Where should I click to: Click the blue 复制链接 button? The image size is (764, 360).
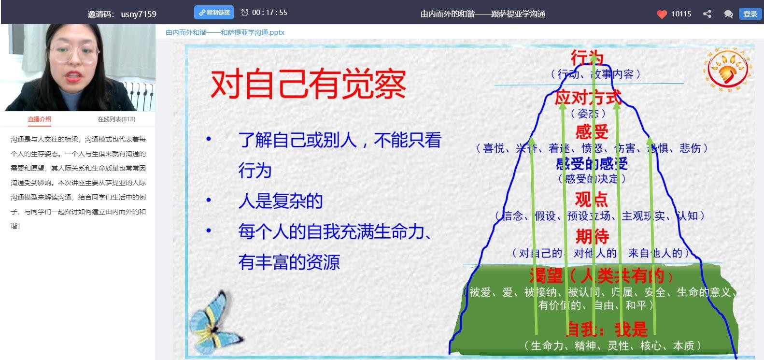point(214,13)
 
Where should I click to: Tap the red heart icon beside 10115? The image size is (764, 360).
point(662,14)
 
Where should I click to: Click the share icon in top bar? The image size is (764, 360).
point(707,14)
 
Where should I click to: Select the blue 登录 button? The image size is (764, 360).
point(750,14)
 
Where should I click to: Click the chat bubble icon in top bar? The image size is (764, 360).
point(728,14)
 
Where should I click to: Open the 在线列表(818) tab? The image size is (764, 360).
point(116,119)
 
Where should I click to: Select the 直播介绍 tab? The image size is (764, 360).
point(40,119)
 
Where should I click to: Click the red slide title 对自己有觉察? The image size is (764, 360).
point(308,84)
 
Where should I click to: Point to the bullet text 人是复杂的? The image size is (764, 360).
point(280,201)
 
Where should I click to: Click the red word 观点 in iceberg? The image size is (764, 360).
point(592,199)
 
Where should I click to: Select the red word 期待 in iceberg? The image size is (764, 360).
point(592,236)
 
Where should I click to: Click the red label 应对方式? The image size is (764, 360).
point(588,98)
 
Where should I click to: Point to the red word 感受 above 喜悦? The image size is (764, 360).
point(592,131)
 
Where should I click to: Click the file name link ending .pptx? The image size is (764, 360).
point(225,32)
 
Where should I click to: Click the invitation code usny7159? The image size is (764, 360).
point(139,14)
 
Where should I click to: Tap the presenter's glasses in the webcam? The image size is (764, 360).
point(72,53)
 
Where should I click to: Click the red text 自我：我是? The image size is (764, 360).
point(607,329)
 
